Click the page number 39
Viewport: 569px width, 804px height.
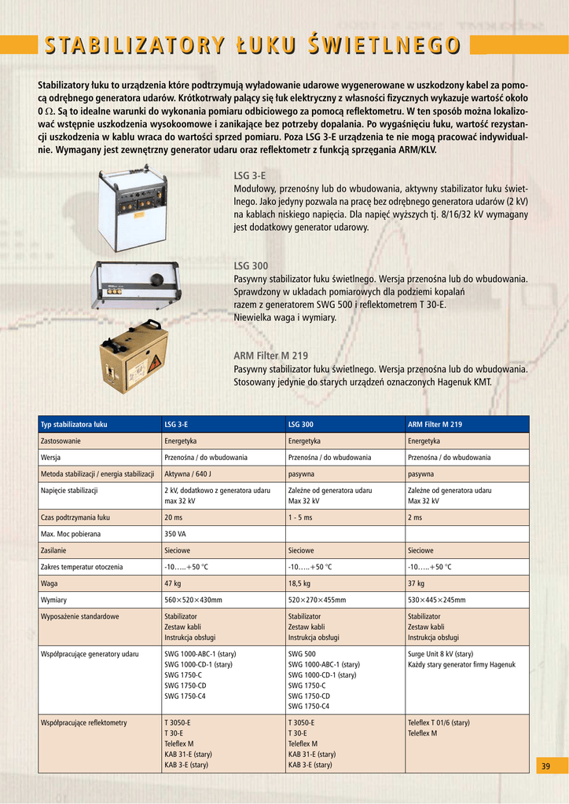click(x=546, y=766)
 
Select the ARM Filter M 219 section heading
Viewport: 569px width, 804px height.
click(x=270, y=356)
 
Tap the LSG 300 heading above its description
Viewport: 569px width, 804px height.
click(x=251, y=266)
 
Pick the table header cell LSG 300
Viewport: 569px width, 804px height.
click(x=300, y=425)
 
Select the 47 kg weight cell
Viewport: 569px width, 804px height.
click(x=172, y=583)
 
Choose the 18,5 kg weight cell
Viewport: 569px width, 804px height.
click(x=299, y=583)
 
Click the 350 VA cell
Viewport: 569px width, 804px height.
click(x=174, y=534)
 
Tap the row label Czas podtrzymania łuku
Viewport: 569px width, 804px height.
click(x=75, y=517)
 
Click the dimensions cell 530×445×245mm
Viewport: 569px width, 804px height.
click(x=436, y=600)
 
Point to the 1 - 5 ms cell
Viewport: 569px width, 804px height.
click(x=300, y=517)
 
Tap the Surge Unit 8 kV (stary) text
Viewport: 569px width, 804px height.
click(x=440, y=653)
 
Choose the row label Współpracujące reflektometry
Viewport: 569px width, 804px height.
click(x=83, y=722)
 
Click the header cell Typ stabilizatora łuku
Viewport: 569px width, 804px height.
click(x=74, y=425)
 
